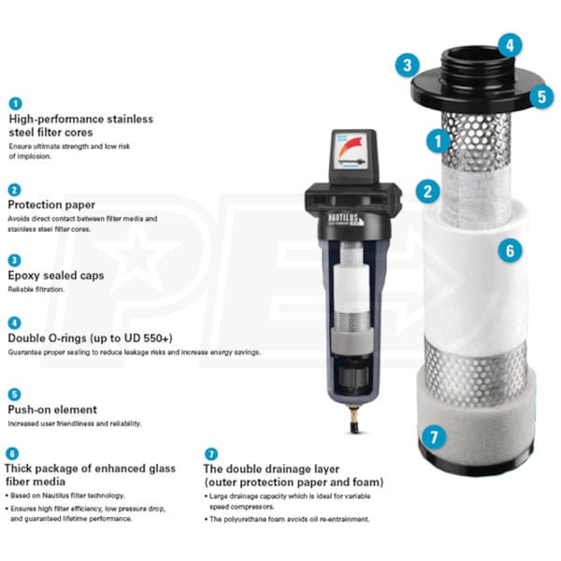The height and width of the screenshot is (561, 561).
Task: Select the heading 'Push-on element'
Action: [52, 410]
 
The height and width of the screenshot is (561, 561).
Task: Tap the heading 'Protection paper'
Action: [49, 204]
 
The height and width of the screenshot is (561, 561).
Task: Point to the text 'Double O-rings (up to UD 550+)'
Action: [90, 337]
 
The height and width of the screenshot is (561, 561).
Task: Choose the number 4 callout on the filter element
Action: [509, 44]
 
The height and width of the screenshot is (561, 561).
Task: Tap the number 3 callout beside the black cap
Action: [406, 65]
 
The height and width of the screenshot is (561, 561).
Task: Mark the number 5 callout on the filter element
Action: [540, 95]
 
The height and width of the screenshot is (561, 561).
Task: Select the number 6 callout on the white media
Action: [510, 250]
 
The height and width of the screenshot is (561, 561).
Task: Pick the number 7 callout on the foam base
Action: [433, 436]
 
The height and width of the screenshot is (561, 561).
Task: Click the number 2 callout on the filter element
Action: [427, 193]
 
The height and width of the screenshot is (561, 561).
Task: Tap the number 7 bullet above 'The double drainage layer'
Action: [210, 453]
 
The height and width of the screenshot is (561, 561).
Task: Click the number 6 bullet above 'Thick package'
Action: [13, 453]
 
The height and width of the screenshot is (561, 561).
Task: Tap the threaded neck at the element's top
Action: [475, 65]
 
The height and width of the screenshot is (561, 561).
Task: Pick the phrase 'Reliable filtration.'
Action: [36, 291]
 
